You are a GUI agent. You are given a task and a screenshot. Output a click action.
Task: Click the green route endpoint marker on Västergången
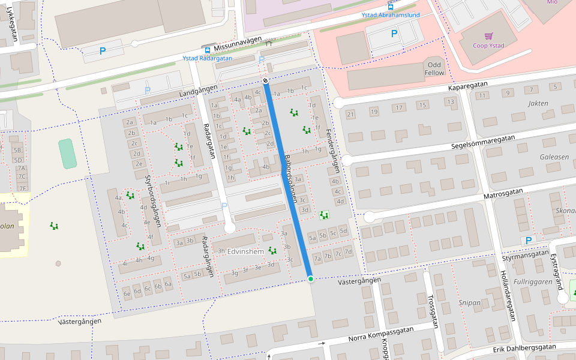click(x=310, y=279)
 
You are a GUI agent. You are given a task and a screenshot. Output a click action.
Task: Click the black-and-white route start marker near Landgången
click(x=265, y=80)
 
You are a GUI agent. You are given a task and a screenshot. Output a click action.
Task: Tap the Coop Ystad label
click(x=489, y=46)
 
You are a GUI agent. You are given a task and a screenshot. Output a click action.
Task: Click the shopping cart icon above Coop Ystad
click(x=488, y=36)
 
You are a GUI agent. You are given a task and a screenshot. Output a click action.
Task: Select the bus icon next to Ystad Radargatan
click(x=207, y=50)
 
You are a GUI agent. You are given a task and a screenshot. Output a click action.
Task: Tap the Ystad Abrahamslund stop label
click(x=390, y=15)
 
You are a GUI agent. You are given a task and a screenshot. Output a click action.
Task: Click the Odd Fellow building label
click(x=435, y=68)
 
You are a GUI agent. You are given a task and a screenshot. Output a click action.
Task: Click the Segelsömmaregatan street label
click(x=484, y=142)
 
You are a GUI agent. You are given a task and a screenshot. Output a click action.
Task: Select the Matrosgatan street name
click(x=503, y=193)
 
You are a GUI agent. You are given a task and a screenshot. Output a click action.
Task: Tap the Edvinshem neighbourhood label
click(x=247, y=251)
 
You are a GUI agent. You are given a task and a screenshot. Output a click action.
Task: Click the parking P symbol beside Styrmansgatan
click(x=529, y=241)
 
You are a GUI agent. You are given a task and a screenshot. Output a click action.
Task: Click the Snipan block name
click(x=469, y=303)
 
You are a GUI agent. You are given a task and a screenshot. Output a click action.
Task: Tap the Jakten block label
click(x=538, y=103)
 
